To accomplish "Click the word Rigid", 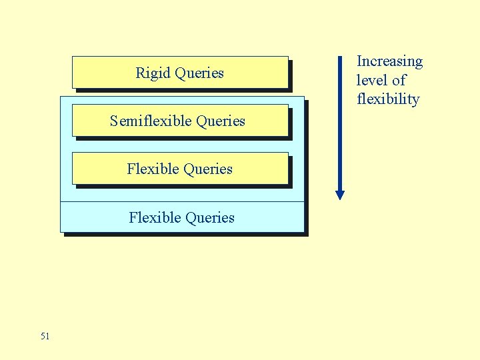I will tap(153, 73).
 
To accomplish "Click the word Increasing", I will tap(390, 61).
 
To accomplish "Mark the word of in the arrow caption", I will tap(399, 81).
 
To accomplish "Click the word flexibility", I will tap(388, 100).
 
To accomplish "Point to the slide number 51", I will tap(45, 336).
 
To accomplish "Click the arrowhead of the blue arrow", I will tap(340, 195).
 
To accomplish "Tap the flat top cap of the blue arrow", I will tap(340, 57).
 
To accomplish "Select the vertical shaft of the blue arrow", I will tap(340, 127).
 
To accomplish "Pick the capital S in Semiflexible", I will tap(114, 121).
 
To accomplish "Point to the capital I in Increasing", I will tap(359, 61).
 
